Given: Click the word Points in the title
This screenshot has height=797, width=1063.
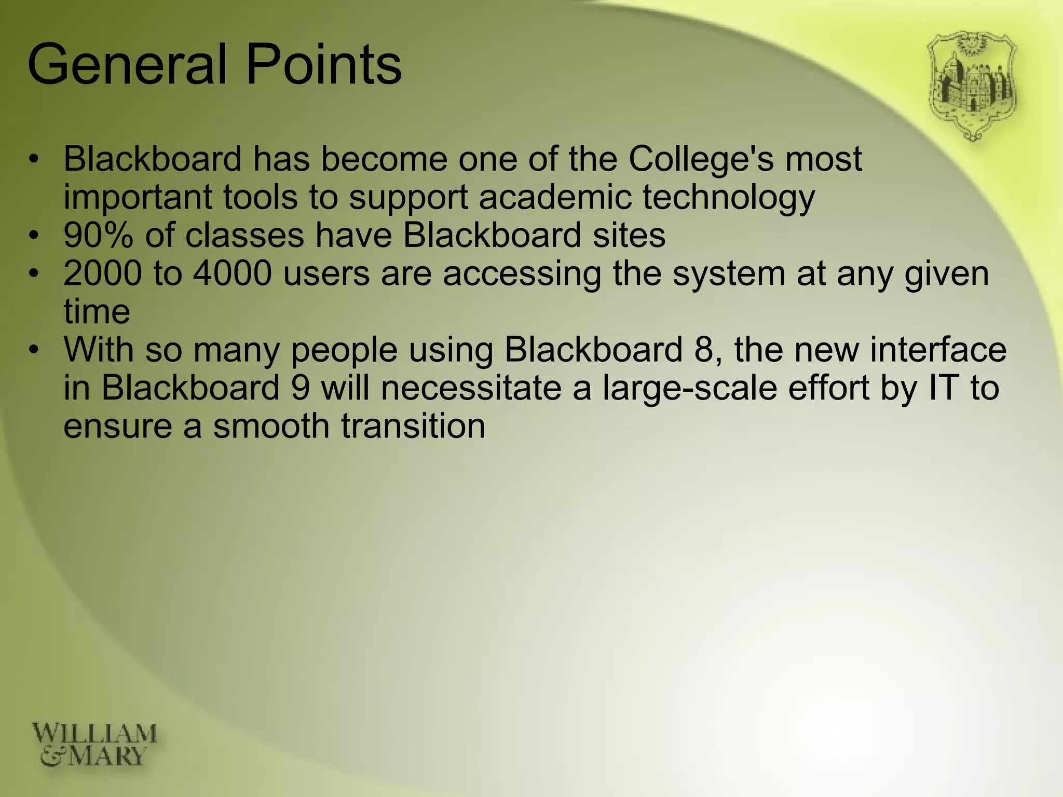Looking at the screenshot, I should coord(323,65).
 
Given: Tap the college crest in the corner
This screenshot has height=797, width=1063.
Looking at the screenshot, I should coord(972,86).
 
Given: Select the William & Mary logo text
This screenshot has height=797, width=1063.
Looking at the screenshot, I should coord(94,745).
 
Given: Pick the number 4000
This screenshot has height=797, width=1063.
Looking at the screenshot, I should coord(233,273).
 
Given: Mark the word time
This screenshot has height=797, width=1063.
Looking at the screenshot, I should coord(97,312).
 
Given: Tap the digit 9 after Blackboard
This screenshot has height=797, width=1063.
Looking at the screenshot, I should coord(301,388).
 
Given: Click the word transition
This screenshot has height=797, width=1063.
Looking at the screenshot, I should coord(413,426).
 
